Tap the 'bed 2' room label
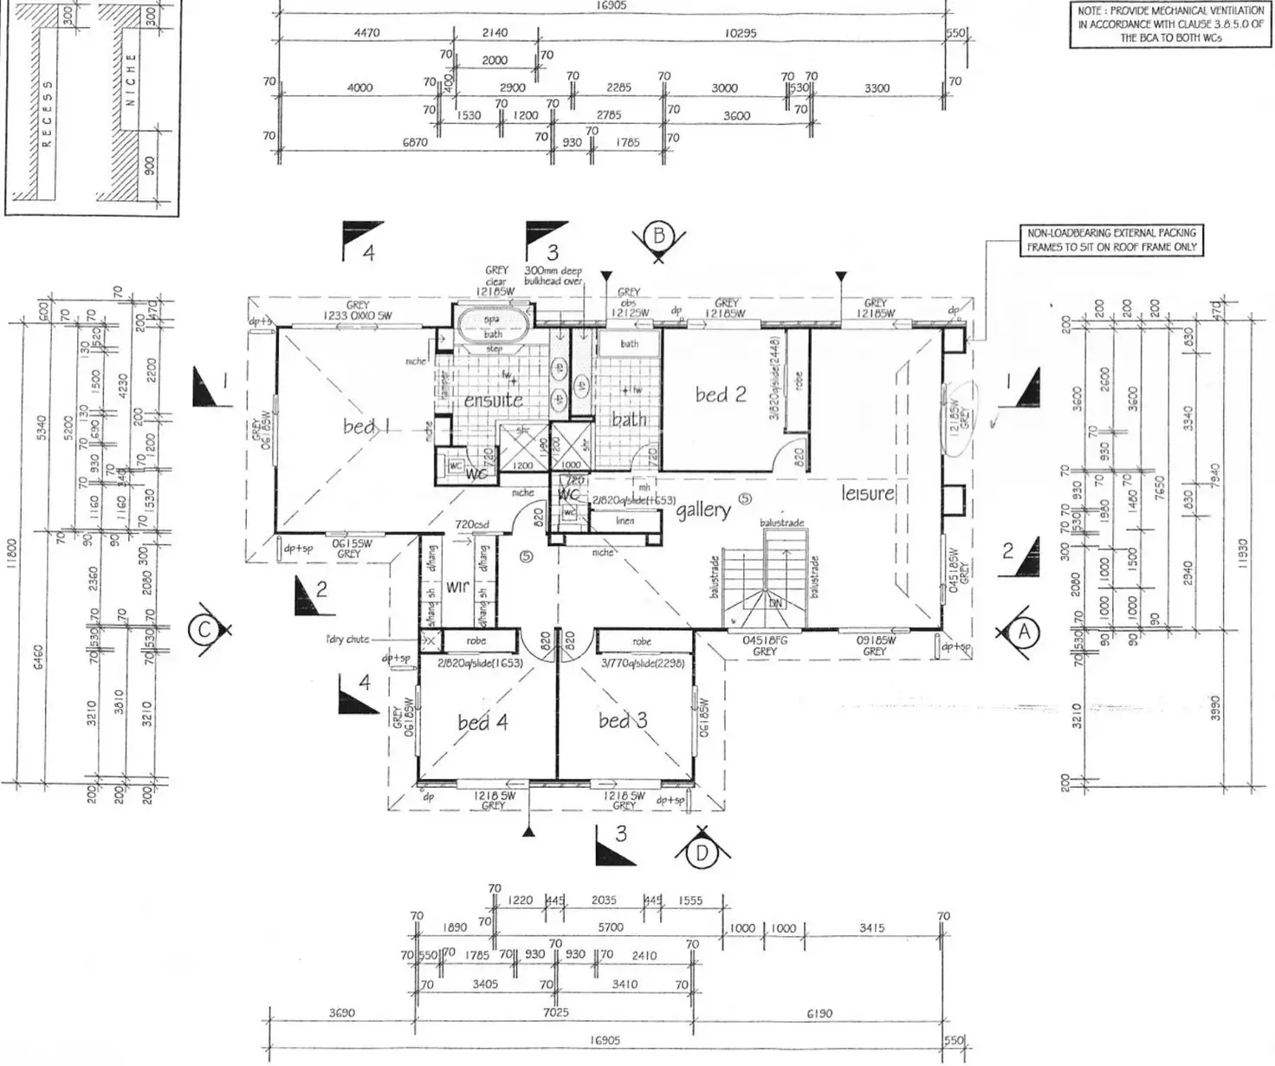(x=721, y=395)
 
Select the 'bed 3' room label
(x=622, y=720)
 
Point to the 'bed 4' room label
(x=482, y=722)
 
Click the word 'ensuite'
(x=493, y=400)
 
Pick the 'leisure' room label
(x=867, y=493)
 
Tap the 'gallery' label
(x=703, y=510)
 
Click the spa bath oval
(x=492, y=326)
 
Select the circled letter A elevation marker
(x=1024, y=632)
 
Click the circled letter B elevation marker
(x=659, y=235)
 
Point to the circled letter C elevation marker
(x=204, y=631)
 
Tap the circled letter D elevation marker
(x=702, y=854)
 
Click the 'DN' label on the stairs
(x=775, y=604)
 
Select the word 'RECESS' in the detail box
(x=49, y=114)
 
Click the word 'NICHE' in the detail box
(x=131, y=79)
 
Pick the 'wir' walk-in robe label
(x=457, y=587)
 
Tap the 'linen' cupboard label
(x=625, y=521)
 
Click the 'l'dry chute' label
(x=347, y=639)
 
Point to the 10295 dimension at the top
(x=741, y=33)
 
